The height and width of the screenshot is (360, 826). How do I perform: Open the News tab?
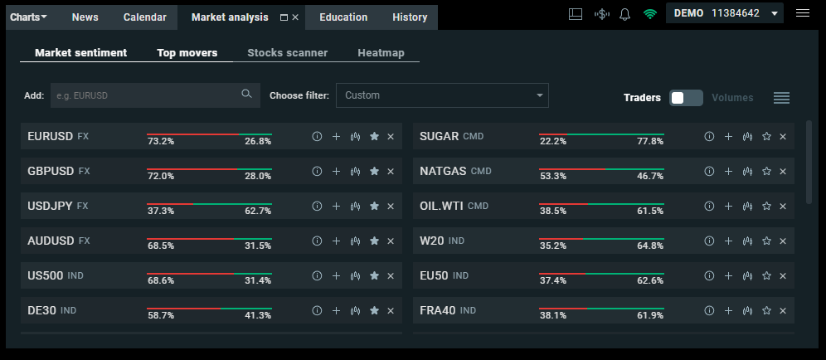click(x=85, y=17)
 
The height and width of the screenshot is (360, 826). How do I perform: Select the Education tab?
click(x=343, y=17)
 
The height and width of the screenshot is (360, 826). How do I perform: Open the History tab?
click(x=410, y=17)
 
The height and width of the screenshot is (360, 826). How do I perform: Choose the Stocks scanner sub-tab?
click(x=287, y=53)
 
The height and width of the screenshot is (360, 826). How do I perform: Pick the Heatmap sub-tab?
click(x=381, y=53)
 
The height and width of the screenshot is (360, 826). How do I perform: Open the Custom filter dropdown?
click(x=442, y=95)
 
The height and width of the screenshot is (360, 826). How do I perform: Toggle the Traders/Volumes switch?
click(x=686, y=98)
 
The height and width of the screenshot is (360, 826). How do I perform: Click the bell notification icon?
click(x=625, y=14)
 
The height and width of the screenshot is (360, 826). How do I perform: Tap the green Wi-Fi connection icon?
click(x=650, y=14)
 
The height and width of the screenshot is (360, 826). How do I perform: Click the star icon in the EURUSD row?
click(x=374, y=137)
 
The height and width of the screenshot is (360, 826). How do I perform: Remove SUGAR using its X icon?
click(x=783, y=137)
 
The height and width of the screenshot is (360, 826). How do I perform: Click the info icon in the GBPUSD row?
click(x=317, y=172)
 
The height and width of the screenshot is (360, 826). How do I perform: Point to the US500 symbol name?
click(x=46, y=275)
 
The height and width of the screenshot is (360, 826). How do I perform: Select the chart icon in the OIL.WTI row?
click(x=747, y=207)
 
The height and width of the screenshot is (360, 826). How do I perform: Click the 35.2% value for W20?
click(x=552, y=246)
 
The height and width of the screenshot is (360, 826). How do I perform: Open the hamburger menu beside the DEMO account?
click(x=802, y=13)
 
